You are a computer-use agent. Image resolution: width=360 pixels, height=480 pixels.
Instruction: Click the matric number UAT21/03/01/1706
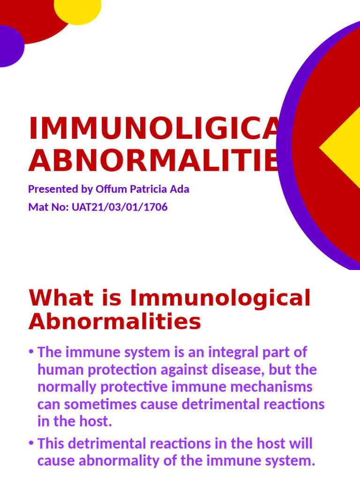(120, 207)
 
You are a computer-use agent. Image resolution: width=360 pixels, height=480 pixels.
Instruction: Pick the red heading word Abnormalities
(115, 322)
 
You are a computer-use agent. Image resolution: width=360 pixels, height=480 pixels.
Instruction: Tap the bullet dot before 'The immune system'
(31, 352)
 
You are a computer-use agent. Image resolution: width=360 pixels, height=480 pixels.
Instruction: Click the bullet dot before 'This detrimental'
(31, 443)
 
